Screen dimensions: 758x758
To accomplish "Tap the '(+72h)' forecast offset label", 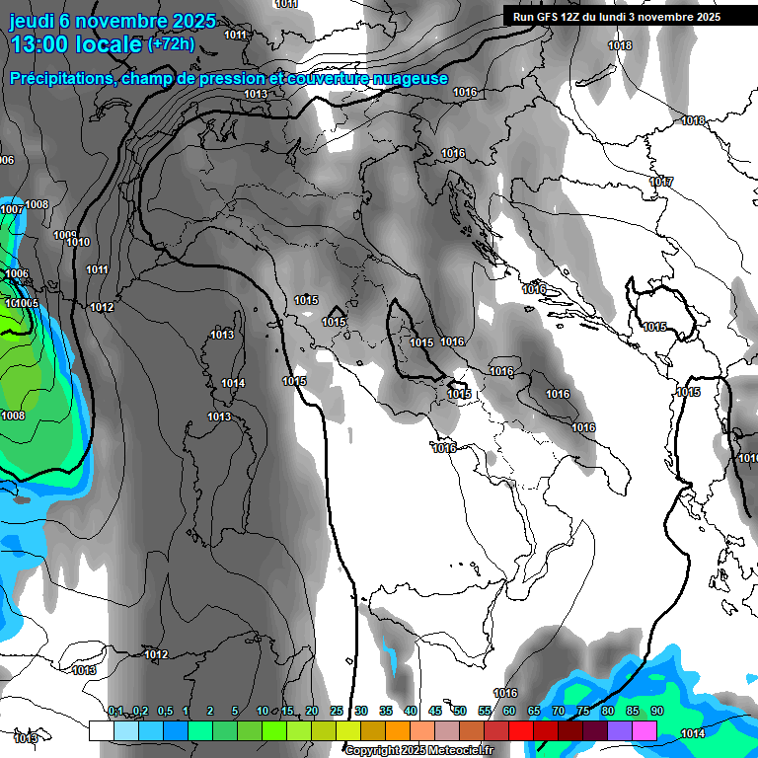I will [170, 43].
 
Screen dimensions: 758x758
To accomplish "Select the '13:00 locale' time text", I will [76, 44].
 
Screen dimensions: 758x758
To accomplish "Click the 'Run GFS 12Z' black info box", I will [616, 17].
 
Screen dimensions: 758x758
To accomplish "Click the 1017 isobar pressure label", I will [661, 183].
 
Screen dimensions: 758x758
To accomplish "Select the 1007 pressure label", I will [12, 209].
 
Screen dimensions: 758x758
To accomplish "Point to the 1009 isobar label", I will [64, 235].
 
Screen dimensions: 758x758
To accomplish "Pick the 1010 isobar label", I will [79, 243].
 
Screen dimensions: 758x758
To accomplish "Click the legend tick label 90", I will [657, 711].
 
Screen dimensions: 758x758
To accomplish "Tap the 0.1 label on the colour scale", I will [115, 711].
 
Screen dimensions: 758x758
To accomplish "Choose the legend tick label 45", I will [435, 711].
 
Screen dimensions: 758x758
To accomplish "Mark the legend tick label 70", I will [559, 711].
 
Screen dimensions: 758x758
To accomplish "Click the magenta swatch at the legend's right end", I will [644, 730].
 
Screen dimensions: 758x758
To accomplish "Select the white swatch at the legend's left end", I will [101, 730].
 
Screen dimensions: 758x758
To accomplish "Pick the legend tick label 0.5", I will [164, 711].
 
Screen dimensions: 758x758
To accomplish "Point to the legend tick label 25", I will [337, 711].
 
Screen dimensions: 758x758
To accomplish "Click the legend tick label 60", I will [509, 711].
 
